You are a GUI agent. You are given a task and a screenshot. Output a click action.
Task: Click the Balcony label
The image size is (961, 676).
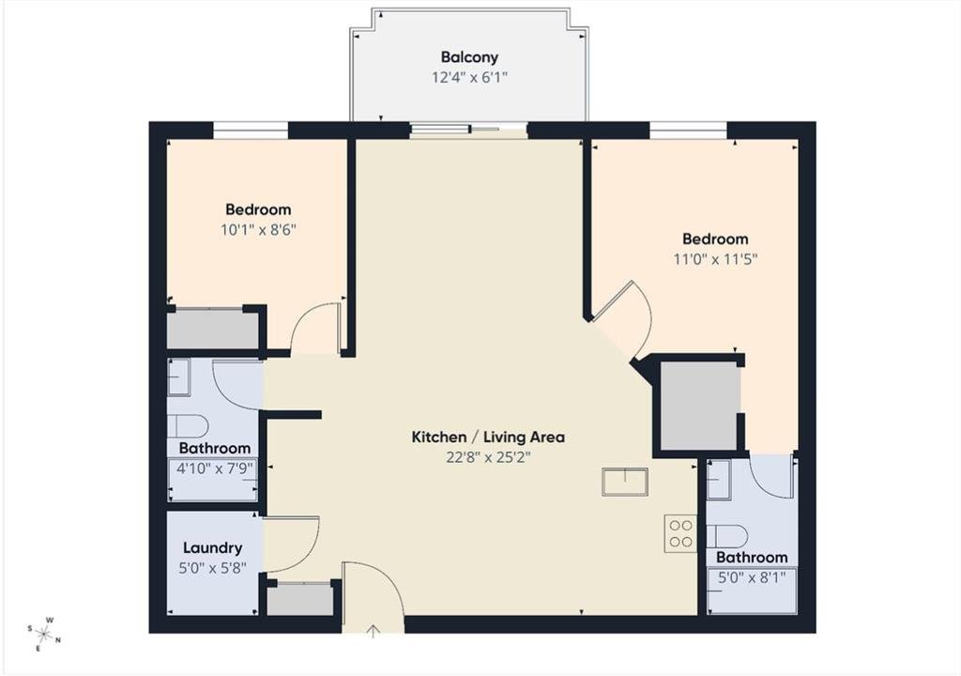point(469,57)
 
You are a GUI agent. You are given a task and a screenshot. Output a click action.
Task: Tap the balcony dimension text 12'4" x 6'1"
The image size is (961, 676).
point(469,78)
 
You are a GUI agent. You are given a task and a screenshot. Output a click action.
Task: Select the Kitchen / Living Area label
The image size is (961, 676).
point(488,438)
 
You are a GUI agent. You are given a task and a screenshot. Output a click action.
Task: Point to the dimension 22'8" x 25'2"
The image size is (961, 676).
point(488,457)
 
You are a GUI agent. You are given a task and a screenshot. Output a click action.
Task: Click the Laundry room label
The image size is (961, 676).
point(213,547)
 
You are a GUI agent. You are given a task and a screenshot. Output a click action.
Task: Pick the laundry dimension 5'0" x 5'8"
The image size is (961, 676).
point(213,568)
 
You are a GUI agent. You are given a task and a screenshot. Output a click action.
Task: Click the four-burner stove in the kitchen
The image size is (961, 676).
point(680,533)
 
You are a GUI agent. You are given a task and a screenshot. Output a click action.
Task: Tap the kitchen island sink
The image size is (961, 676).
point(625,482)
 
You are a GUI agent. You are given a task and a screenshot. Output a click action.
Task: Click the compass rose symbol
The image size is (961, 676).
point(44,634)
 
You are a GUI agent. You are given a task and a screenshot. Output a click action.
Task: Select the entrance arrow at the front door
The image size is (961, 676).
point(373,631)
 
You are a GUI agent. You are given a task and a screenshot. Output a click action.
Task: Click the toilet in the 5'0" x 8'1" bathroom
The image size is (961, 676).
point(727,537)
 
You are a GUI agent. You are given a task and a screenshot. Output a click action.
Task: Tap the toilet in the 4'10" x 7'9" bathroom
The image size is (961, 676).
point(188,426)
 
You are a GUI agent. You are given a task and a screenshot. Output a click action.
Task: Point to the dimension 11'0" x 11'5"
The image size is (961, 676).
point(715,259)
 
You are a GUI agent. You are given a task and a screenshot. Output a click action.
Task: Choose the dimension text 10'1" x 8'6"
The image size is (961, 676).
point(258,230)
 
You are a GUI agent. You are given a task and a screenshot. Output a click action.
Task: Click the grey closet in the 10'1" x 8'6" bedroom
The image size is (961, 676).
point(213,330)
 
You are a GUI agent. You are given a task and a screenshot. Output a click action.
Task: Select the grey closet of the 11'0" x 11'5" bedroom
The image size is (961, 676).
point(698,406)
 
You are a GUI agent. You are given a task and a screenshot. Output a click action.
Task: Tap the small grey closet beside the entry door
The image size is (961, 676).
point(300,599)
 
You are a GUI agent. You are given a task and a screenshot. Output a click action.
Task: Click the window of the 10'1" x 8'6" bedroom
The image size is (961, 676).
point(250,131)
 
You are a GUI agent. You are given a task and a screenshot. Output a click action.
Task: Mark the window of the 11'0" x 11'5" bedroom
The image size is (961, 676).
point(688,131)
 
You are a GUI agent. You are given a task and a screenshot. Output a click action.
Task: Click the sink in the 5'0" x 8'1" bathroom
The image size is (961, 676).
point(719,480)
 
